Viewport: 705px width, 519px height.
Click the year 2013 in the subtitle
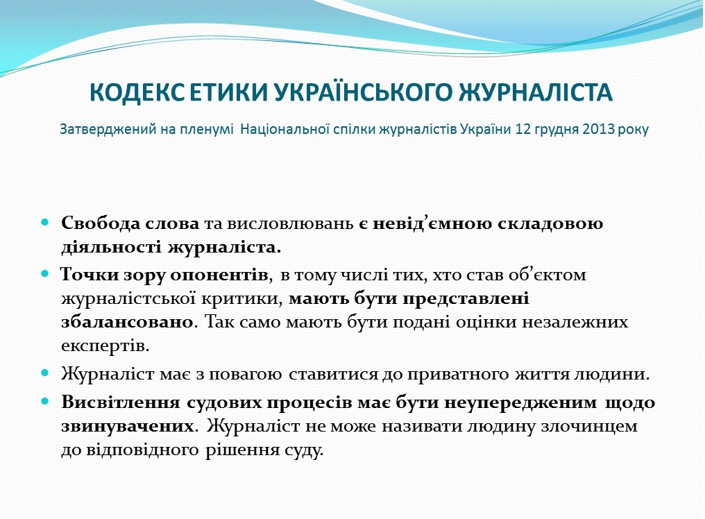point(598,130)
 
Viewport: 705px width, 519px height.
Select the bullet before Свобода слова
point(44,222)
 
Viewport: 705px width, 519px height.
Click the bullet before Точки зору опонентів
point(44,273)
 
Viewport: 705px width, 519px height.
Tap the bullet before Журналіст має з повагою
point(44,373)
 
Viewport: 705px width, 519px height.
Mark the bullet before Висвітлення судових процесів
point(44,401)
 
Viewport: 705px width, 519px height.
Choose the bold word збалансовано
point(127,323)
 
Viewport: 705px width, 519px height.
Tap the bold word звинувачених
point(128,425)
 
